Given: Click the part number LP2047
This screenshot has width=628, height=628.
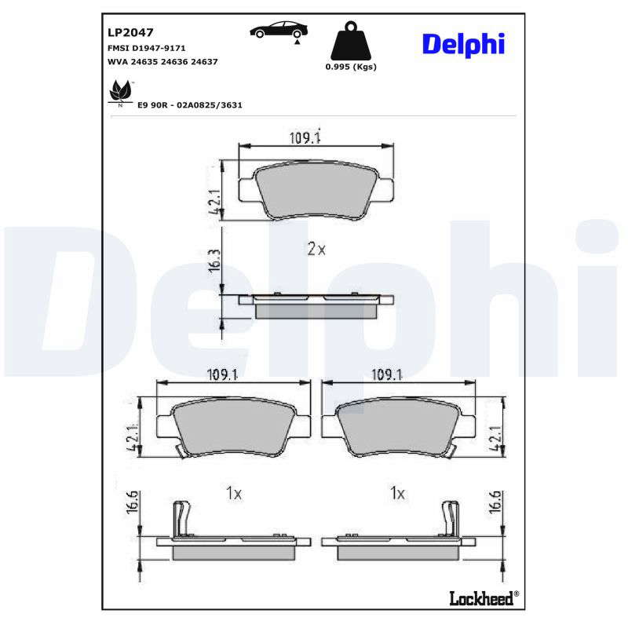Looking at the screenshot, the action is pos(130,32).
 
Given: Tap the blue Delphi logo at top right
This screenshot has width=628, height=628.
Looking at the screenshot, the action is pos(463,44).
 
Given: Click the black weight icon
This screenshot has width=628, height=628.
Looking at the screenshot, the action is pos(351,41).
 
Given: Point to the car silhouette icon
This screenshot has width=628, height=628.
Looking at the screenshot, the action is pos(279,30).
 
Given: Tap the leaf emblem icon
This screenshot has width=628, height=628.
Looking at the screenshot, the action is pos(120,91).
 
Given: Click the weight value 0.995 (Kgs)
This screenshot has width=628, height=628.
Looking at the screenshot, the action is pos(351,67).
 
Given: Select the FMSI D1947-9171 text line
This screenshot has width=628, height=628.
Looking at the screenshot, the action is pos(147,48).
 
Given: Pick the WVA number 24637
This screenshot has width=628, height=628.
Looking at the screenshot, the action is pos(204,62).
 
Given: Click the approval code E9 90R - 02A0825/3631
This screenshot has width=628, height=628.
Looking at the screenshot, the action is pos(190,105).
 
